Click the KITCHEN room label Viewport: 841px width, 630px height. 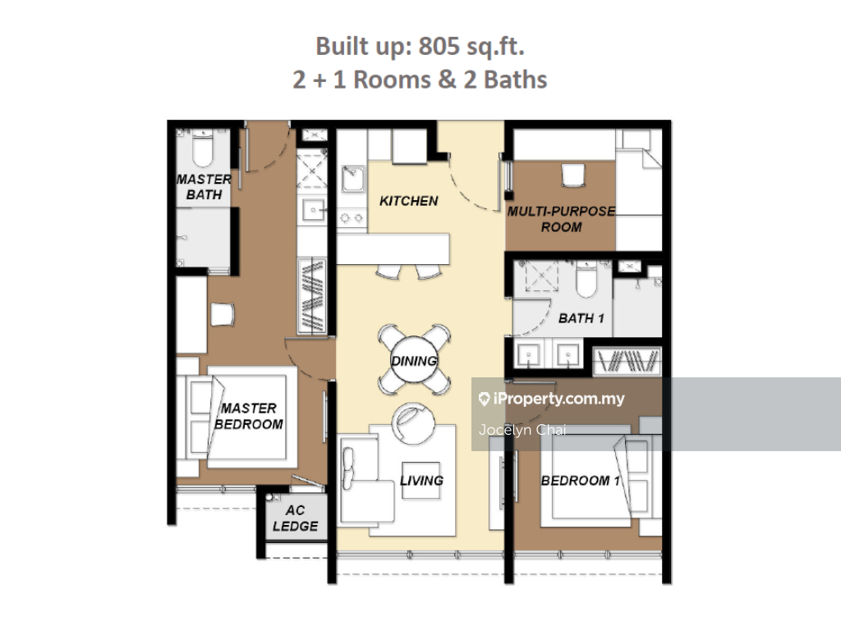[409, 201]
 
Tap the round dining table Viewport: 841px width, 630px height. [414, 359]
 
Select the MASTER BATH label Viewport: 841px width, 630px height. [204, 187]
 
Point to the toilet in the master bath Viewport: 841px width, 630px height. [203, 148]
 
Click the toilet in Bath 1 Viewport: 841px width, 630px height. [586, 279]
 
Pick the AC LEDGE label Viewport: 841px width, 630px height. [295, 518]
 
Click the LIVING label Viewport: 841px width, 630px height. [421, 481]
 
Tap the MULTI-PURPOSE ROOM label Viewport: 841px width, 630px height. [561, 219]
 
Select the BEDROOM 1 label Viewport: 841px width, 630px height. [581, 481]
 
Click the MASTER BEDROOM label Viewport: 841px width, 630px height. [249, 416]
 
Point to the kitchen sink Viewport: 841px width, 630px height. [352, 178]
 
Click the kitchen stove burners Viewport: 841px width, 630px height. [352, 217]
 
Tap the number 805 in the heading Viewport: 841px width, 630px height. [439, 46]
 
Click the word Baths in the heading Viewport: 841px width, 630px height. [515, 80]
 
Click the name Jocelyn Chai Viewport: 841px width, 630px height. [522, 430]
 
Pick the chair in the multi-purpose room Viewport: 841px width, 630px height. [572, 176]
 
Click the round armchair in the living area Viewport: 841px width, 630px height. [412, 424]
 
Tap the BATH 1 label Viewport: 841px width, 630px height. [581, 319]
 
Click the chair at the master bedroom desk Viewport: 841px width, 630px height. [222, 314]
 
